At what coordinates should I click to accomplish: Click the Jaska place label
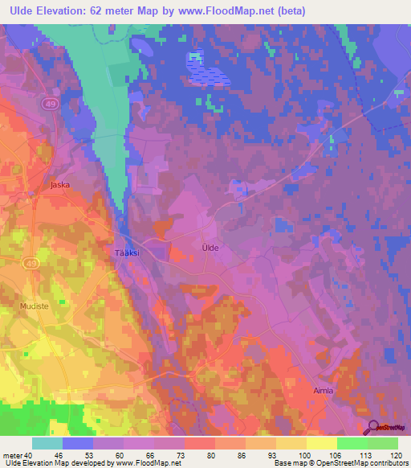59,184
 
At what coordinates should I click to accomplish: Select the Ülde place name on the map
210,248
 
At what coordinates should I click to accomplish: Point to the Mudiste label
35,306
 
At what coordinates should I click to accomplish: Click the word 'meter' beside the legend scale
12,455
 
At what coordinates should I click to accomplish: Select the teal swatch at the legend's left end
47,443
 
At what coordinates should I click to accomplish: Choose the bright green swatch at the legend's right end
382,443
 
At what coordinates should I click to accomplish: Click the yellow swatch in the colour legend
321,443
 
